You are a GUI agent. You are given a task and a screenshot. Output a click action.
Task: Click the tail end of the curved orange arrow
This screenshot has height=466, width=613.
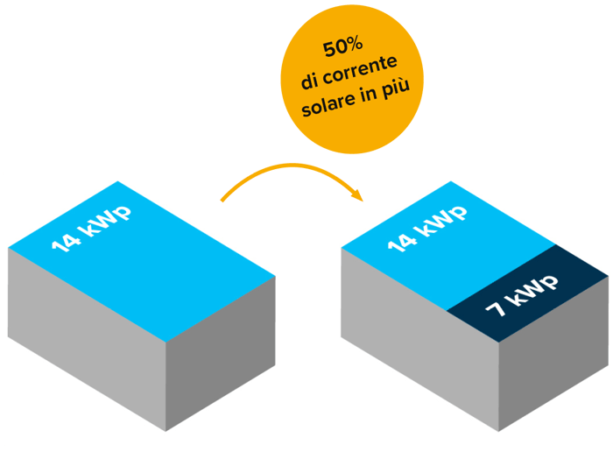click(x=223, y=200)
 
